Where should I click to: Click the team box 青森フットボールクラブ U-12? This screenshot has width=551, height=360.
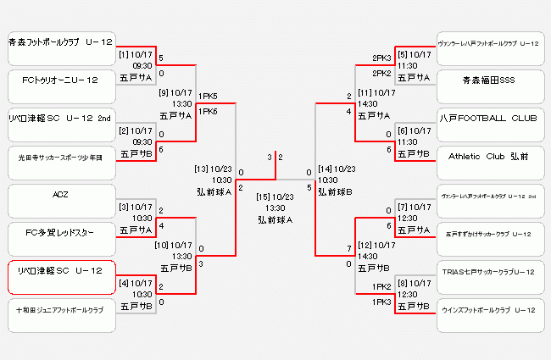[x=60, y=42]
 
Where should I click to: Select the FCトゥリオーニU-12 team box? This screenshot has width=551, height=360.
[x=60, y=80]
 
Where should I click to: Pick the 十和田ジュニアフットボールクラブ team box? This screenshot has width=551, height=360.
[x=60, y=310]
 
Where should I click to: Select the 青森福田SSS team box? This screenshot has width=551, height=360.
[x=488, y=80]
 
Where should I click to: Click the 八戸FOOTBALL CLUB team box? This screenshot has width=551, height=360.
[x=488, y=118]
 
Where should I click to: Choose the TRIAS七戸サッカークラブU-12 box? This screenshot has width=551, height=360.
[x=488, y=271]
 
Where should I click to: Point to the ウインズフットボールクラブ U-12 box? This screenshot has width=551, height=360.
[x=488, y=310]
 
